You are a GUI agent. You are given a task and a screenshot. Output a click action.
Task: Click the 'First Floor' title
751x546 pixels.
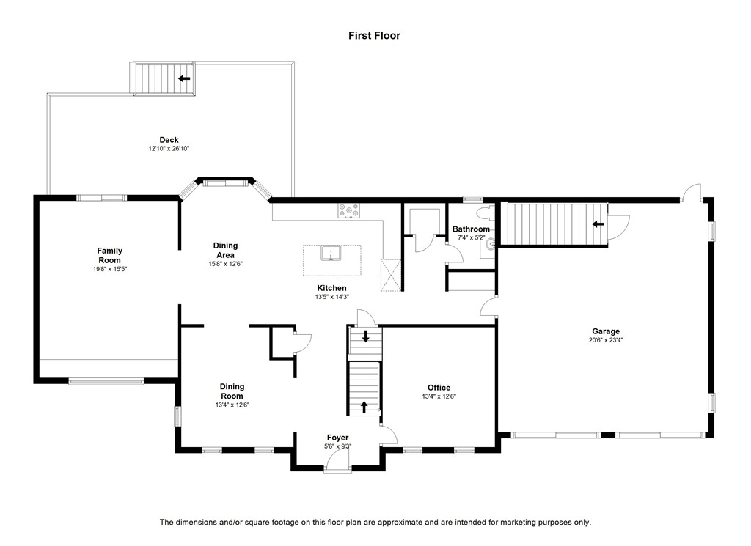click(374, 35)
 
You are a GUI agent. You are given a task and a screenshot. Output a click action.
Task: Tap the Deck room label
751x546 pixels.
click(169, 140)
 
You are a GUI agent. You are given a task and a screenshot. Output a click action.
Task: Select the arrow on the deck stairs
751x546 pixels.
click(184, 78)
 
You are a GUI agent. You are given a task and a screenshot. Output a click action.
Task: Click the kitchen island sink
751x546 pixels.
click(331, 253)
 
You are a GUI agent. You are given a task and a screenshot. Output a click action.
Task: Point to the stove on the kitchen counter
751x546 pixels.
click(348, 210)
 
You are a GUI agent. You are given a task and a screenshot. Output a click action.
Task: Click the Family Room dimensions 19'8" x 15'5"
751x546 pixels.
click(110, 269)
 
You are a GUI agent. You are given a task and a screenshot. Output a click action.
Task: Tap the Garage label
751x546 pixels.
click(606, 331)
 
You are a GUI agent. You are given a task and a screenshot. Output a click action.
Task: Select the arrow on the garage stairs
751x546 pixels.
click(598, 224)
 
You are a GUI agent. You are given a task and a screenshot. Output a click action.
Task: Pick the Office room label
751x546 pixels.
click(439, 388)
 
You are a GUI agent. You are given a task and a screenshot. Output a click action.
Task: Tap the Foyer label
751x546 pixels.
click(337, 438)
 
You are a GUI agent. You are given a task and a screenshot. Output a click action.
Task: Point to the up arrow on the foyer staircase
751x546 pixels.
click(364, 406)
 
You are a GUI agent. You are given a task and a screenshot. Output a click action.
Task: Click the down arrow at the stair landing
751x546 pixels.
click(366, 336)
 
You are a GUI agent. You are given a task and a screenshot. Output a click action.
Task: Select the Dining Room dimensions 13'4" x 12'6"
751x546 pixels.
click(232, 405)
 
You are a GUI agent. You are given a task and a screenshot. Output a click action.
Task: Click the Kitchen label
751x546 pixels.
click(332, 288)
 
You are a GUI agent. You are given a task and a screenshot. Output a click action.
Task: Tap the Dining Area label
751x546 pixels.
click(226, 250)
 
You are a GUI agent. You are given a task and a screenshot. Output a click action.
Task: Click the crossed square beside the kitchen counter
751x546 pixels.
click(391, 275)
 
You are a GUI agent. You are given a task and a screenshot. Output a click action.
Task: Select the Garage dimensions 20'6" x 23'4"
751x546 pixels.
click(606, 340)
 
